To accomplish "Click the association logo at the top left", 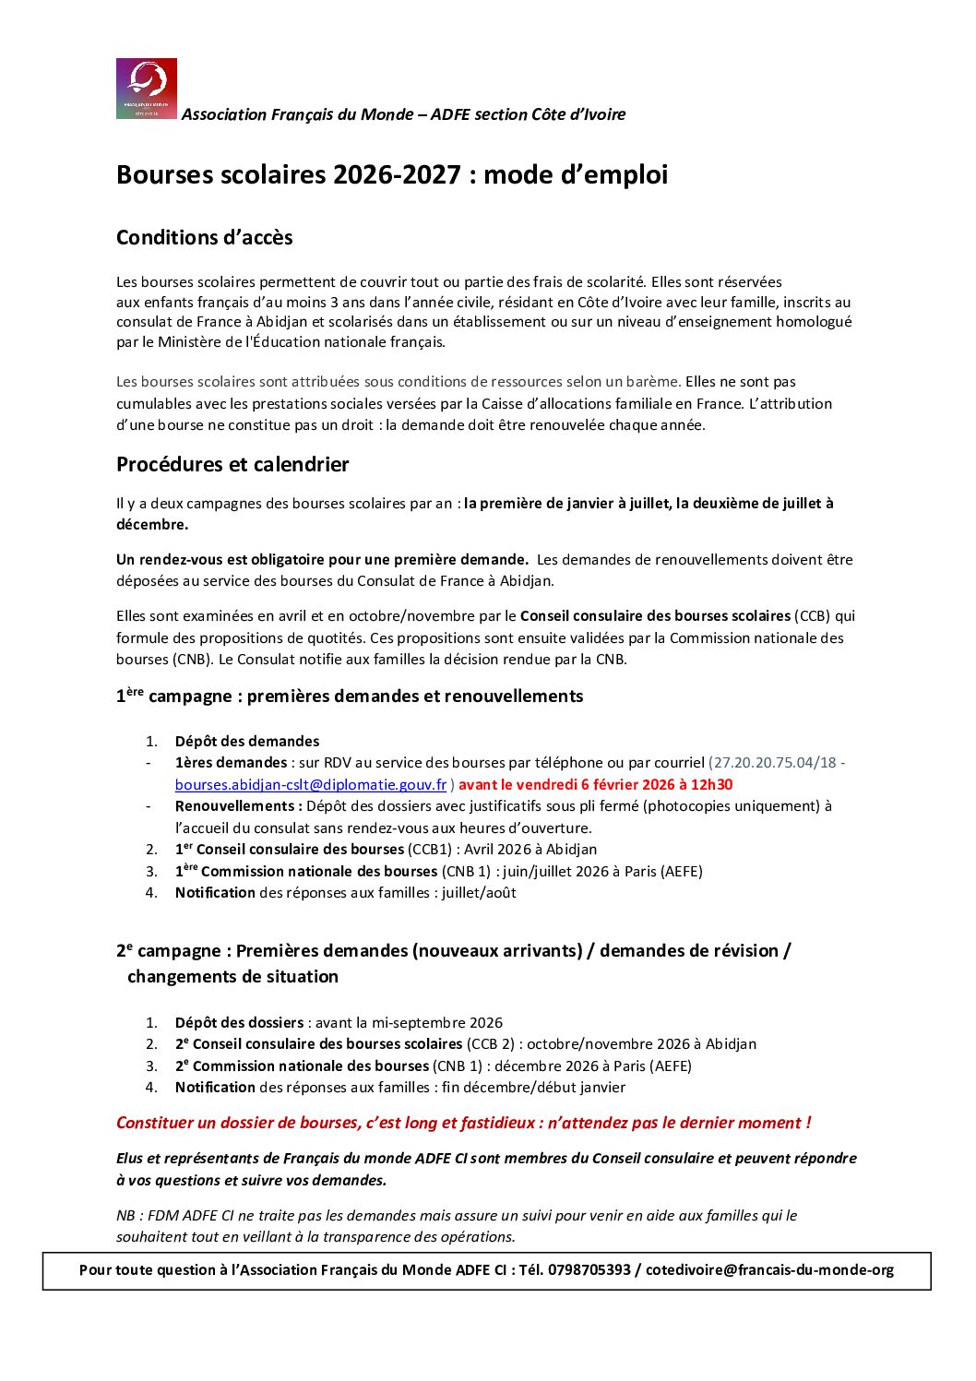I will point(147,89).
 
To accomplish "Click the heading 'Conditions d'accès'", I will point(204,238).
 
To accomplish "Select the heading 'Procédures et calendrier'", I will point(232,465).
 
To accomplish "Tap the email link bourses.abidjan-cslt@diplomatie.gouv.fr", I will point(311,785).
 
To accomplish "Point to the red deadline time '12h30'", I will point(712,785).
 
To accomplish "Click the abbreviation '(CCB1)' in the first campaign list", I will point(434,850).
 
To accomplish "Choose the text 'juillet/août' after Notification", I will point(479,893).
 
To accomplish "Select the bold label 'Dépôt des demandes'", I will point(247,742).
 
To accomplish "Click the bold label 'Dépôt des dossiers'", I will point(239,1023).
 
